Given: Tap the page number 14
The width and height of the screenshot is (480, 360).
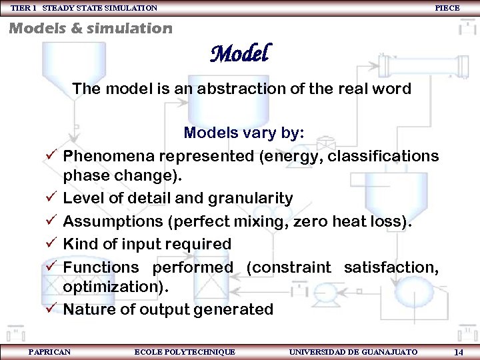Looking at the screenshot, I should pyautogui.click(x=459, y=352).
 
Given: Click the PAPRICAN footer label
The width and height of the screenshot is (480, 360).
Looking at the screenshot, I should pyautogui.click(x=49, y=352).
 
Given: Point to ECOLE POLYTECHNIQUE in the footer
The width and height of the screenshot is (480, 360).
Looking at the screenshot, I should pyautogui.click(x=185, y=352).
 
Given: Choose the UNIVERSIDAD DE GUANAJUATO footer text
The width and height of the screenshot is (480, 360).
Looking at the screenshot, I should pyautogui.click(x=353, y=352).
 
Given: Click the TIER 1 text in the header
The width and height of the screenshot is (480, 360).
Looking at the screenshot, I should pyautogui.click(x=24, y=8).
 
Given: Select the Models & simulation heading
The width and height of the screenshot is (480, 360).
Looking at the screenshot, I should pyautogui.click(x=90, y=28).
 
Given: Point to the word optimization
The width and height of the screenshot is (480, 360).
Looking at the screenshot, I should pyautogui.click(x=114, y=287).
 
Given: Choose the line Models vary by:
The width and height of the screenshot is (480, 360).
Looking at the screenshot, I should pyautogui.click(x=244, y=133).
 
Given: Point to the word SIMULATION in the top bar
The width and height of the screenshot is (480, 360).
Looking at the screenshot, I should pyautogui.click(x=130, y=8).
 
